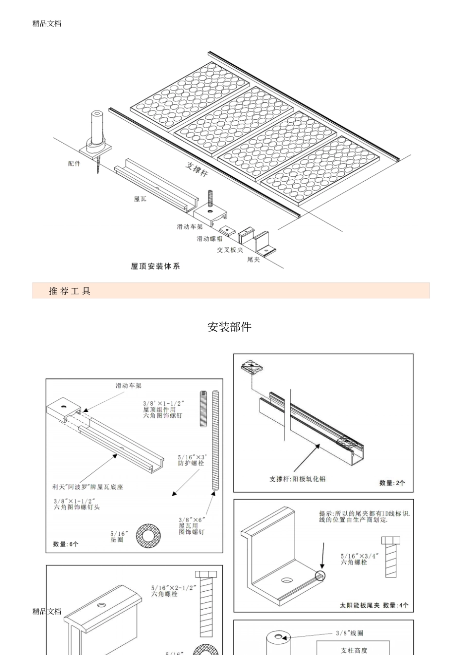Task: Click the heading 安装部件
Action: tap(229, 327)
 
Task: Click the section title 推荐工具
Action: tap(70, 291)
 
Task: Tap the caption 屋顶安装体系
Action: tap(155, 266)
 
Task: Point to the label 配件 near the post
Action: tap(74, 164)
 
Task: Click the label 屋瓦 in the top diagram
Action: tap(140, 199)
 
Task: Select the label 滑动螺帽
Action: tap(210, 239)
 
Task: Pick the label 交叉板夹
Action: tap(230, 250)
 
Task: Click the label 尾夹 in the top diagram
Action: tap(253, 260)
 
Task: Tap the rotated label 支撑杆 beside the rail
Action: tap(196, 169)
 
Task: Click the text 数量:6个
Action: tap(66, 544)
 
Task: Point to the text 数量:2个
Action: tap(392, 483)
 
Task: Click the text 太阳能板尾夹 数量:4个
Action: tap(374, 605)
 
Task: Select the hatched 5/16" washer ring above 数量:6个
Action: tap(149, 535)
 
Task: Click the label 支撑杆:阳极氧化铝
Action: tap(297, 479)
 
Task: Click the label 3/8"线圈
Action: tap(349, 633)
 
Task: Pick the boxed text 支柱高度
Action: tap(354, 650)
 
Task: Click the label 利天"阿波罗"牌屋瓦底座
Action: tap(88, 487)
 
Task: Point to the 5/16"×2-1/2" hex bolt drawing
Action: tap(206, 604)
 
